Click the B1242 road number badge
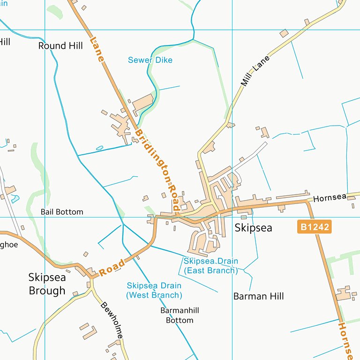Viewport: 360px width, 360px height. [x=314, y=227]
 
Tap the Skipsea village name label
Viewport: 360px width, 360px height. [x=253, y=228]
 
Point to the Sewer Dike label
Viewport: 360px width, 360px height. [x=150, y=60]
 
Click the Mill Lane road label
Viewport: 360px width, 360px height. [x=255, y=71]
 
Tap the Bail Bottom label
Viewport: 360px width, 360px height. [x=62, y=212]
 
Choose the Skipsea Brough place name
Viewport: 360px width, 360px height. [x=47, y=284]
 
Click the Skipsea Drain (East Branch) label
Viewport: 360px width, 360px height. [x=211, y=266]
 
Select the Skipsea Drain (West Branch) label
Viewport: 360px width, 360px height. [x=154, y=290]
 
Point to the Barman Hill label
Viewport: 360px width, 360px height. [x=258, y=296]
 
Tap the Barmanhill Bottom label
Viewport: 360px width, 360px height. [x=180, y=315]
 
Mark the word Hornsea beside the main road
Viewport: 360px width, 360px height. [x=330, y=198]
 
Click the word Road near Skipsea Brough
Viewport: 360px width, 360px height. [x=112, y=267]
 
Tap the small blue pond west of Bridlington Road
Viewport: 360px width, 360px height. [x=99, y=149]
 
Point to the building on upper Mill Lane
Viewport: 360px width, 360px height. [x=284, y=33]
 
